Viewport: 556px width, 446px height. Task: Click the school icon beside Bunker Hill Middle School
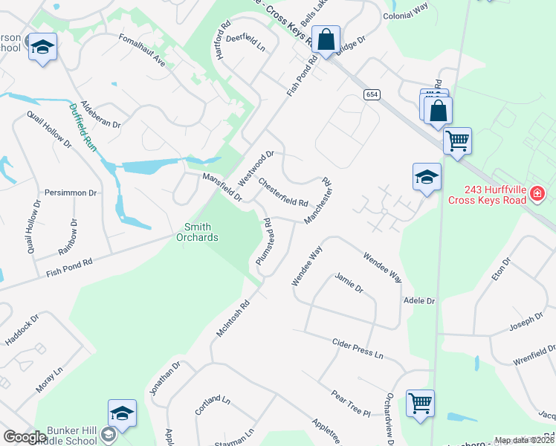(123, 413)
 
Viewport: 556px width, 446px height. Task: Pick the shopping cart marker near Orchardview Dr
(420, 403)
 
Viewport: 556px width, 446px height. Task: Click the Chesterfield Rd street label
(283, 192)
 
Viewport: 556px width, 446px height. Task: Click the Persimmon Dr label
(71, 193)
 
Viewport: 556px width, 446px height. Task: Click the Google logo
(25, 437)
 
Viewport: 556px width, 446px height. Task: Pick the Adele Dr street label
(418, 301)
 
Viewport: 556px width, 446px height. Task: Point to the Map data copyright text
(524, 440)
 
